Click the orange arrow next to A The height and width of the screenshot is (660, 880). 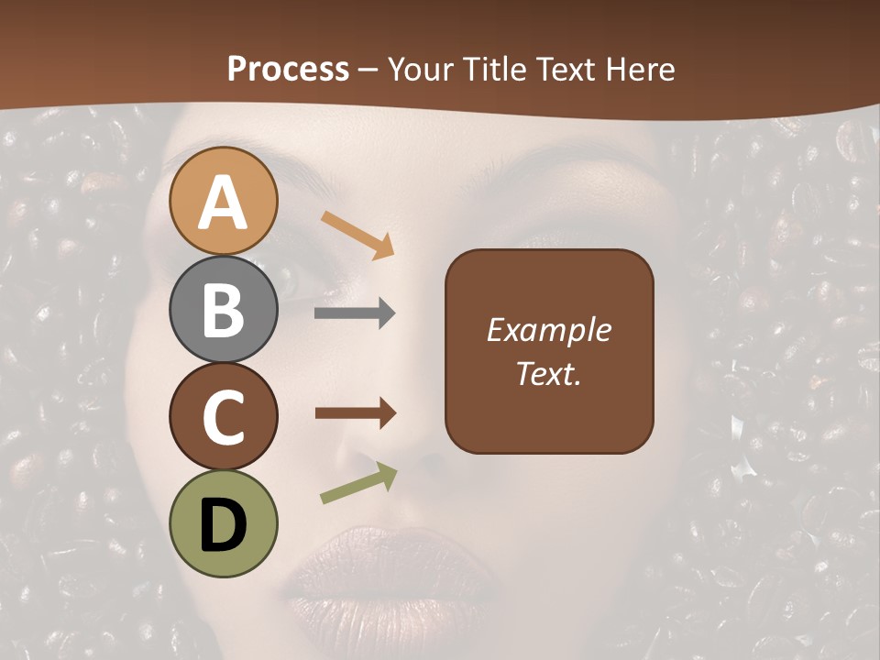coord(357,234)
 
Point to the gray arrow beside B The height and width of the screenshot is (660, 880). coord(355,313)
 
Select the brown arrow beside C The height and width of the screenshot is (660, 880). coord(355,413)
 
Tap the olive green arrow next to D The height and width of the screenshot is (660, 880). coord(358,483)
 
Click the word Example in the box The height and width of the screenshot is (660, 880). coord(548,330)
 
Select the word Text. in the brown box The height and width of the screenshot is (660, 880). coord(548,374)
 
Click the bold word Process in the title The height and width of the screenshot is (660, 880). coord(288,69)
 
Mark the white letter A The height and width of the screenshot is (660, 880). coord(224,202)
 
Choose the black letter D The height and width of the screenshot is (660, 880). coord(224,525)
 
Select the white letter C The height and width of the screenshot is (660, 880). coord(224,417)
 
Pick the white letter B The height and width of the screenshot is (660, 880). coord(224,310)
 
